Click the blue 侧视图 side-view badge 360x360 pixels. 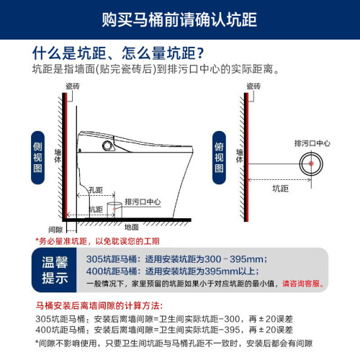click(37, 158)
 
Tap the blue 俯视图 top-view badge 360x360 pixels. click(219, 158)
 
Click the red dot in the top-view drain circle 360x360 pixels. click(311, 163)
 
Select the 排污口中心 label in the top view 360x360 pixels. click(312, 143)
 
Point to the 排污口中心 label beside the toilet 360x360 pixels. click(143, 202)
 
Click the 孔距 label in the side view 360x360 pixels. click(96, 190)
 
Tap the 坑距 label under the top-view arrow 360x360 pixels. click(280, 189)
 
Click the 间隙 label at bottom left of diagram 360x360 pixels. click(55, 230)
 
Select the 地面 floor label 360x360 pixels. click(132, 227)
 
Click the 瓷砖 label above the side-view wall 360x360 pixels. click(73, 86)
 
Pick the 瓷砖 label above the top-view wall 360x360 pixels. click(253, 86)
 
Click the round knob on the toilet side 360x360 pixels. click(107, 145)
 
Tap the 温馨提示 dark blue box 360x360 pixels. click(54, 270)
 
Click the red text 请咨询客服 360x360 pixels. click(303, 284)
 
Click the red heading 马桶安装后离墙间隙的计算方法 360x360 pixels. click(99, 306)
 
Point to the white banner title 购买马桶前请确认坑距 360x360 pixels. click(179, 19)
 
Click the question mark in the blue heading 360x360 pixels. click(200, 53)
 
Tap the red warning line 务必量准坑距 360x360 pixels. click(97, 241)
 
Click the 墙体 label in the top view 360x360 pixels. click(240, 156)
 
